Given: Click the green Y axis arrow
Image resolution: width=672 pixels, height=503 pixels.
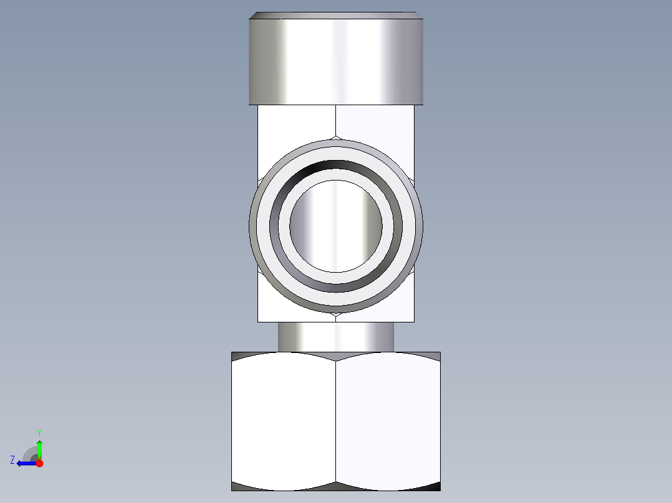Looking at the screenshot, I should pos(39,447).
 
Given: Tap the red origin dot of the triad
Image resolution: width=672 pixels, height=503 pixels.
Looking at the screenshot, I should pos(39,463).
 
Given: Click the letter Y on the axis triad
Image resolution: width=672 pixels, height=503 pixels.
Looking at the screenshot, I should pos(39,431).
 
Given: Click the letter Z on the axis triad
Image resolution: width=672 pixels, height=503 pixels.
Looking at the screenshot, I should pos(12,460).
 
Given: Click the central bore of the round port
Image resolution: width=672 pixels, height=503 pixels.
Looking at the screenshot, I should pos(335,225).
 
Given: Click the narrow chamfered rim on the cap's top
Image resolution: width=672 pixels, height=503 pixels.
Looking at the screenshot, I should pos(336,15).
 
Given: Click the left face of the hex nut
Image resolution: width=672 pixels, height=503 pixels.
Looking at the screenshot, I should pos(284,421).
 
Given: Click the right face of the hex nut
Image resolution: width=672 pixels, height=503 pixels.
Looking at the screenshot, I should pos(388,421).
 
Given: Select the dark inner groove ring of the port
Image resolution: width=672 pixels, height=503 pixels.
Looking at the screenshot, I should pos(336,165).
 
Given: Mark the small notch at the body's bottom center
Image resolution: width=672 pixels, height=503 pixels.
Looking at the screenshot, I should pos(336,317).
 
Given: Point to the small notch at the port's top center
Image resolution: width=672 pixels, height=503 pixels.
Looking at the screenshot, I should pos(336,138).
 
